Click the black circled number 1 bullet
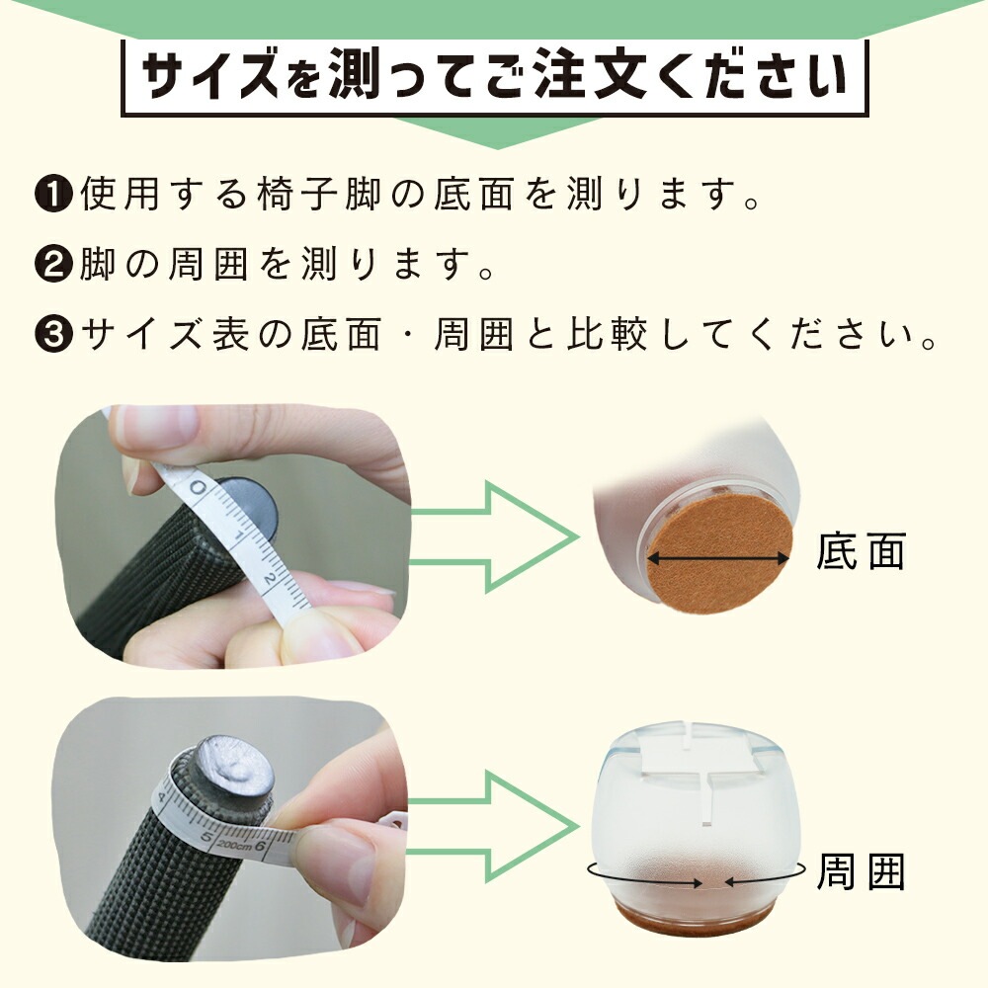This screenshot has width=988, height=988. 54,194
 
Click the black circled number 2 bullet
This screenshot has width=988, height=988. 54,264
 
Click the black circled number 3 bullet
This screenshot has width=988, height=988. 54,333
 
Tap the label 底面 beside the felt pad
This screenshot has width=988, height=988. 861,550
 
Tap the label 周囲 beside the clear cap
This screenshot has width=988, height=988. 861,871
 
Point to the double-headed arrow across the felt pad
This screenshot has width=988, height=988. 718,557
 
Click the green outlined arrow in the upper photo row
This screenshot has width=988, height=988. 495,536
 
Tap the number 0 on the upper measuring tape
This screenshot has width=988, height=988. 198,487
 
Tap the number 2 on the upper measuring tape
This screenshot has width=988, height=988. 269,577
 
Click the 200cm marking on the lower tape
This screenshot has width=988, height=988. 234,845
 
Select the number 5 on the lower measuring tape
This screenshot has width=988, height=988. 206,838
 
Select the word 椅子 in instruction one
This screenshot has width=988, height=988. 300,194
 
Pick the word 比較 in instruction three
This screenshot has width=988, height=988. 608,333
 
